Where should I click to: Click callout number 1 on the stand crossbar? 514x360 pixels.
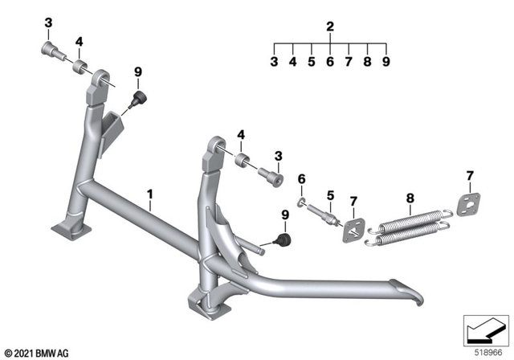[149, 194]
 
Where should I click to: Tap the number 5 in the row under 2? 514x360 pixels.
[311, 61]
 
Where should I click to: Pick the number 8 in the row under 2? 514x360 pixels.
[367, 61]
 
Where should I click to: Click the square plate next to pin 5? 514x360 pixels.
[350, 231]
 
